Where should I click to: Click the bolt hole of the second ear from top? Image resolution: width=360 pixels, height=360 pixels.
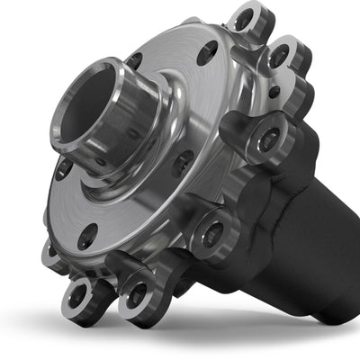[280, 56]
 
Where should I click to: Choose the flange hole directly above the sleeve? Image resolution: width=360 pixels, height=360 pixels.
[135, 60]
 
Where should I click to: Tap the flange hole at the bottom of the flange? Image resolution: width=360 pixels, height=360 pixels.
[87, 237]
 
